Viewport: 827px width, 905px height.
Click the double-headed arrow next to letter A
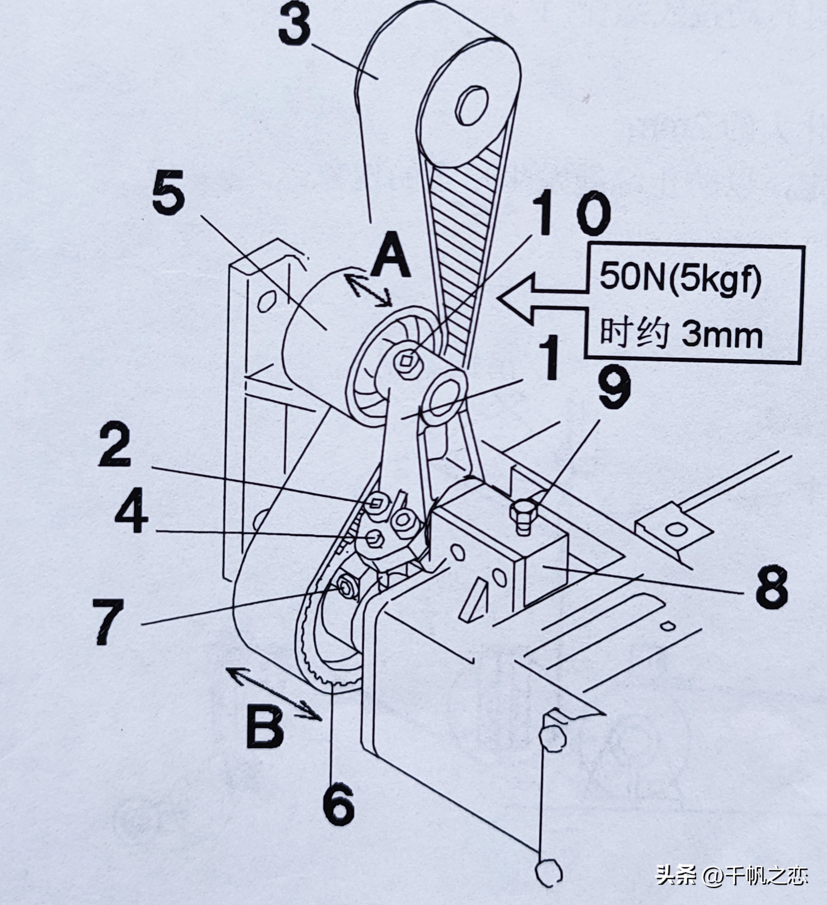click(367, 291)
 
